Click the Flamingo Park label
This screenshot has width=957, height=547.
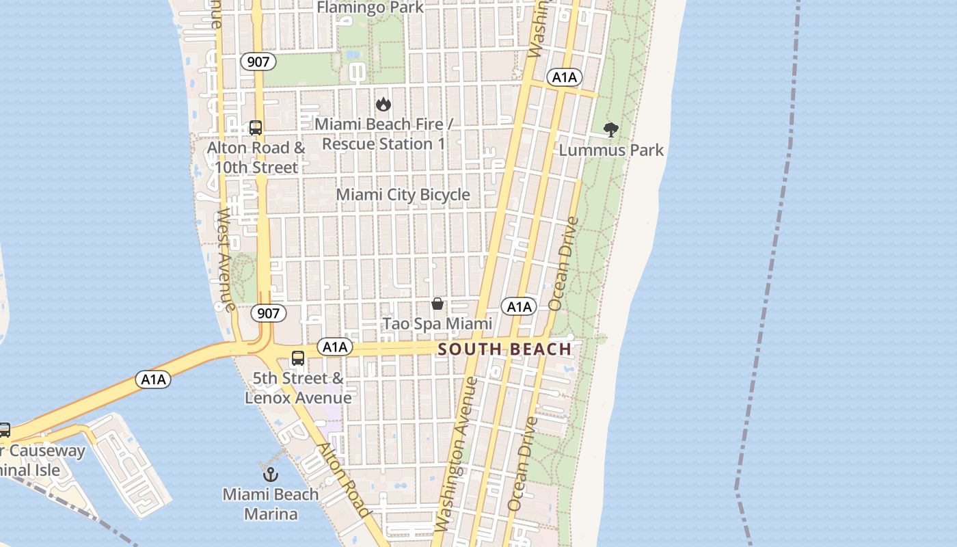[x=370, y=8]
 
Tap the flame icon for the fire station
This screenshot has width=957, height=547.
[x=383, y=105]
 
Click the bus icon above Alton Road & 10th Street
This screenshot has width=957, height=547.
[x=256, y=128]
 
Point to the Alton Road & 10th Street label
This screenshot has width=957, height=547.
[x=256, y=157]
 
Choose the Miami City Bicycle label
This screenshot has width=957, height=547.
[x=403, y=195]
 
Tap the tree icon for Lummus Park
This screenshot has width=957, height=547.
[x=611, y=129]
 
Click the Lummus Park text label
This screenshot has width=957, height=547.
[x=611, y=150]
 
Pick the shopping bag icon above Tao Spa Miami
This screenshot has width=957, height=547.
[x=437, y=304]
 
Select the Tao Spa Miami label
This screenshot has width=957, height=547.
[x=437, y=323]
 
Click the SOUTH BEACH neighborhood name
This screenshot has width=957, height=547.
[x=504, y=349]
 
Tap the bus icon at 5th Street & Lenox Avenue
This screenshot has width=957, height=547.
[x=298, y=358]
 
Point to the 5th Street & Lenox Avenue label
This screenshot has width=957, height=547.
[x=299, y=388]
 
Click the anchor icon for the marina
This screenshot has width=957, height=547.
[x=271, y=473]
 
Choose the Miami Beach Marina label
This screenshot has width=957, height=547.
[x=271, y=504]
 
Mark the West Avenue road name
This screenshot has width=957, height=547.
[x=226, y=260]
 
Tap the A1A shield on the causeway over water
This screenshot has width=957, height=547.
[x=153, y=379]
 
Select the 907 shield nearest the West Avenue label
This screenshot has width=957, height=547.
[x=268, y=313]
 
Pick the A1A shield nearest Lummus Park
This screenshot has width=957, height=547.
[x=564, y=77]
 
